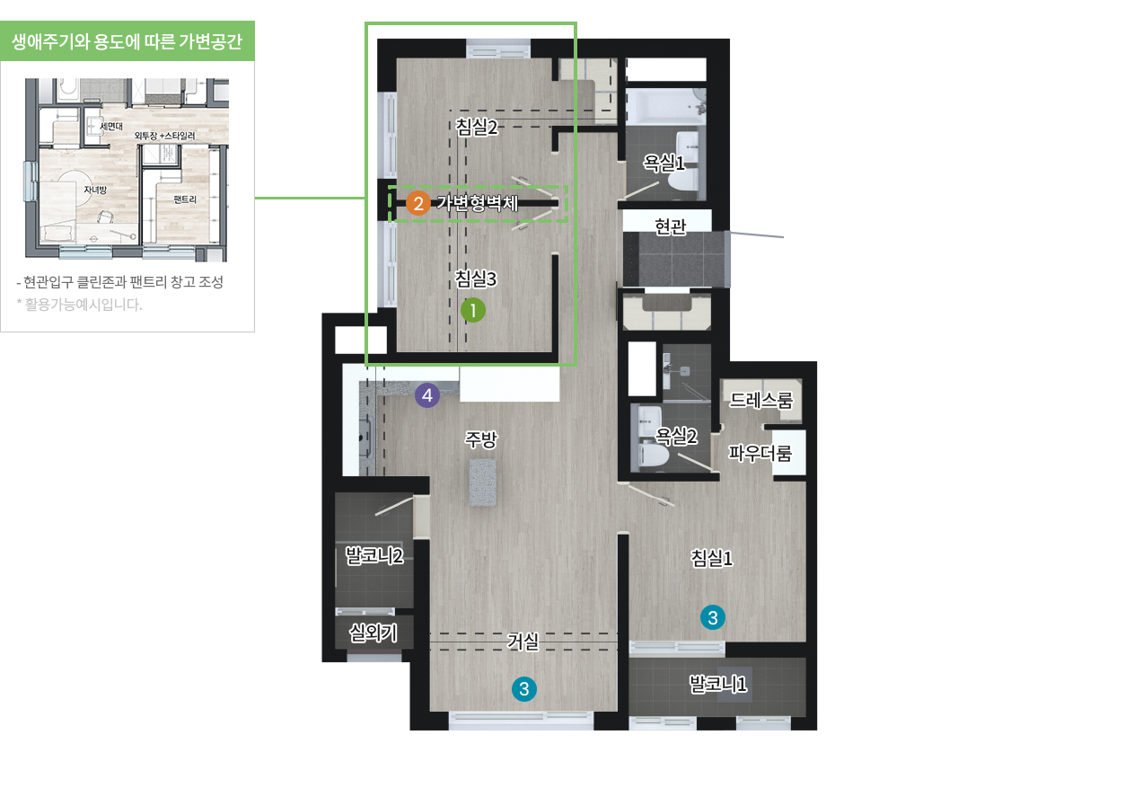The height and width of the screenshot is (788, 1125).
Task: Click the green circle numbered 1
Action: point(473,310)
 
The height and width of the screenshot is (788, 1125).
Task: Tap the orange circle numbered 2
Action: point(417,204)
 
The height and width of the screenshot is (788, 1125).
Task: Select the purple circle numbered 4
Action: point(426,395)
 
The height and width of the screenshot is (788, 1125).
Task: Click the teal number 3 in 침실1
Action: point(713,617)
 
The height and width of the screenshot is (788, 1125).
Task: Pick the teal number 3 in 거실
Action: point(523,689)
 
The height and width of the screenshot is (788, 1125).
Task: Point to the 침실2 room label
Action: point(477,126)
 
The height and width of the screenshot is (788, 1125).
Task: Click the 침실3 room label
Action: point(476,278)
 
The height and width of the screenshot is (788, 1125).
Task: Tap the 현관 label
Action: point(671,226)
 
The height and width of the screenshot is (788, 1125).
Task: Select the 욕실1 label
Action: point(664,163)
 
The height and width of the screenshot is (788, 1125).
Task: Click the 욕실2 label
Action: point(676,436)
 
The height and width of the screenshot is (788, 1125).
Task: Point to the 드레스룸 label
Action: point(760,400)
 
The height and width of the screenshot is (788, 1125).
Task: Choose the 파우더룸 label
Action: point(760,453)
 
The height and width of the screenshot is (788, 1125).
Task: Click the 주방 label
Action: point(481,439)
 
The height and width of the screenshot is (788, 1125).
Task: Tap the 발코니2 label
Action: point(374,556)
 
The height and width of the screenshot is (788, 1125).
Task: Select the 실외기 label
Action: point(374,633)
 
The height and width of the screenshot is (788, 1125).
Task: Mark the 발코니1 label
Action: point(718,684)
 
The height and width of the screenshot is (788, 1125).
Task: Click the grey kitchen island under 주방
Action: point(483,483)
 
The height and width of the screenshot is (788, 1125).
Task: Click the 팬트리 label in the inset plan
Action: point(185,199)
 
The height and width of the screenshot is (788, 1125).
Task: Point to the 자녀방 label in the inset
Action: point(95,190)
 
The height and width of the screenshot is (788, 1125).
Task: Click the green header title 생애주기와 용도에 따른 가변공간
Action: point(127,41)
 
